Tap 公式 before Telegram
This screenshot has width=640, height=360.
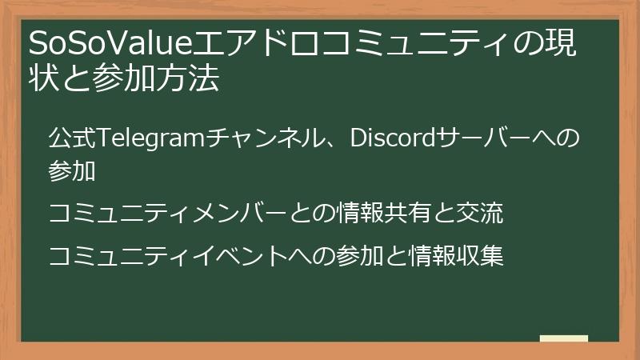point(73,138)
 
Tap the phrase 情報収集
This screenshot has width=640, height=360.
point(455,256)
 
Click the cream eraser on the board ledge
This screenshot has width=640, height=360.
point(564,338)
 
